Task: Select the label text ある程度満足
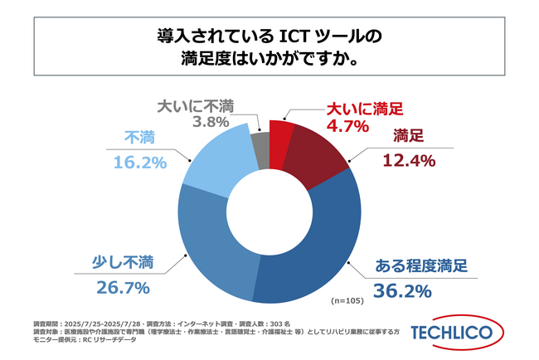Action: click(422, 266)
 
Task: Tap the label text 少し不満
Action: click(124, 263)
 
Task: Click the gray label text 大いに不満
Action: click(197, 106)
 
